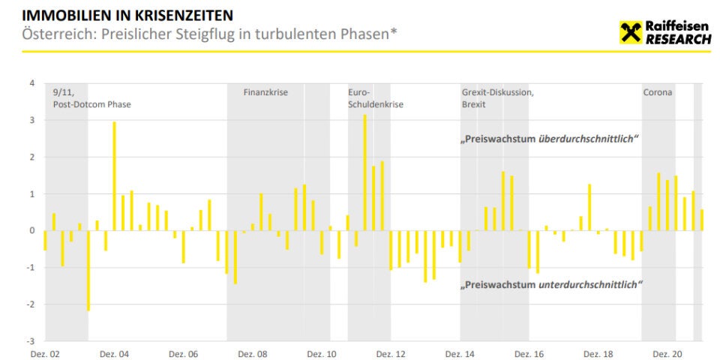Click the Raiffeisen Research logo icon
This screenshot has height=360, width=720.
[x=631, y=32]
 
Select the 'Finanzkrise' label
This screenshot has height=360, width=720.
[x=265, y=92]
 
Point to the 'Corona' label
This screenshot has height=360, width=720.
[x=658, y=92]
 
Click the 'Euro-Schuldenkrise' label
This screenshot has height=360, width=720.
[x=376, y=98]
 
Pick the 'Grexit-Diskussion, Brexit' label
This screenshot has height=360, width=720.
[x=497, y=98]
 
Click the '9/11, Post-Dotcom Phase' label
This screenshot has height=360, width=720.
[x=91, y=98]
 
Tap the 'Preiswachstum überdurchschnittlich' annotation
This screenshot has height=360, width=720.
[x=550, y=140]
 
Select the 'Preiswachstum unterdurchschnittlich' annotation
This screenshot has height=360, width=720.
[x=553, y=284]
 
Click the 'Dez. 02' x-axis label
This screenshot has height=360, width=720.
[x=44, y=353]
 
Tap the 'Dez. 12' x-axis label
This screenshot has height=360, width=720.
[x=390, y=353]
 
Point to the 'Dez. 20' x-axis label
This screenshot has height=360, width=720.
[x=666, y=353]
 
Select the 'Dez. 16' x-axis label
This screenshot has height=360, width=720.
[x=528, y=353]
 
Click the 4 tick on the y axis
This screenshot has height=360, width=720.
[x=32, y=82]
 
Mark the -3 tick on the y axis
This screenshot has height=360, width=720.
[x=31, y=340]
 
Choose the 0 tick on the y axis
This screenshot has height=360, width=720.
[x=32, y=230]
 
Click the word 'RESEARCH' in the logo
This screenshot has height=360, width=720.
[x=678, y=40]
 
